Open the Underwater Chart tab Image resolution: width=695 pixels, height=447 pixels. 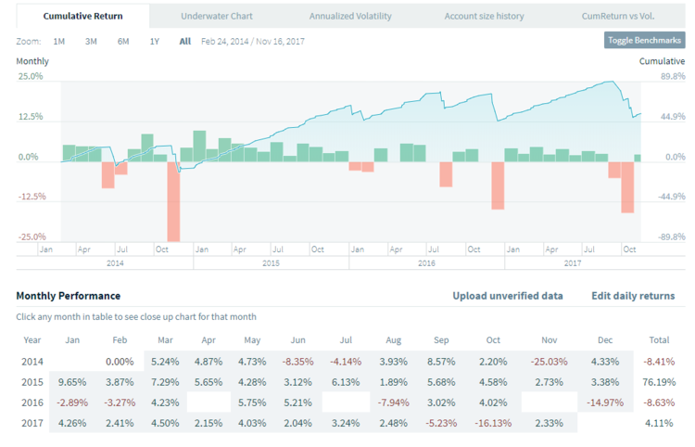click(218, 16)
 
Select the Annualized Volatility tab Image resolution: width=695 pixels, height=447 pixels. click(350, 16)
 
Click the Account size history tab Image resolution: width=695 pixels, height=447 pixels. click(484, 16)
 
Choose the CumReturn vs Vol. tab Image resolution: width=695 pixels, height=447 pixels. click(618, 16)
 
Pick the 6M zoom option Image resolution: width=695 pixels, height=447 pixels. click(123, 42)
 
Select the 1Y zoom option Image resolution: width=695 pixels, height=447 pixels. click(155, 42)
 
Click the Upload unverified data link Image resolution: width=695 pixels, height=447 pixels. click(507, 296)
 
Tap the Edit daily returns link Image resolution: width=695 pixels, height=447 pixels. click(633, 296)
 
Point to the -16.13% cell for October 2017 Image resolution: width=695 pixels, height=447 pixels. click(493, 425)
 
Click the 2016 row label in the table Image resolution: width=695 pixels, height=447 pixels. click(32, 403)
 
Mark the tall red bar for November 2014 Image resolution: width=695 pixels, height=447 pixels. click(173, 201)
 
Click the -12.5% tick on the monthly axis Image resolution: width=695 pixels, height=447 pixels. click(32, 197)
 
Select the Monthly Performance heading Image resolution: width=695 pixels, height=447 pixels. click(68, 296)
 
